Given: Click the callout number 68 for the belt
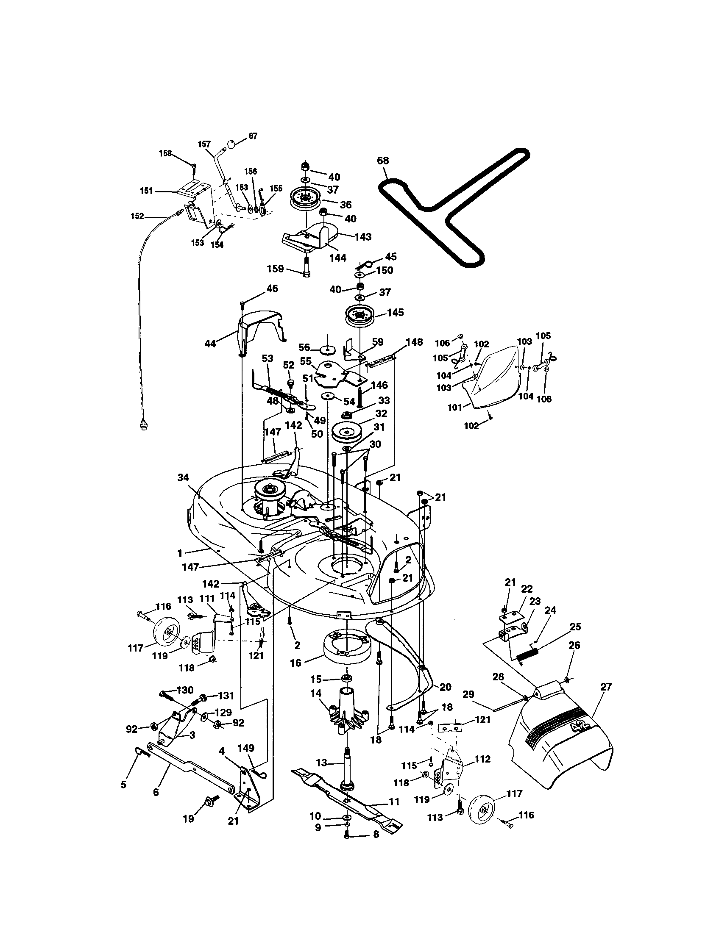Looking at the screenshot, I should pos(383,161).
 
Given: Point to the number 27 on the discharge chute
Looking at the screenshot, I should pos(606,687).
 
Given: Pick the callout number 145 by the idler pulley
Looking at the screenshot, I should pos(395,312).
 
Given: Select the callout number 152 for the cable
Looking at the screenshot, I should pos(137,216).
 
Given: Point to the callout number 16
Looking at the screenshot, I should pos(295,663).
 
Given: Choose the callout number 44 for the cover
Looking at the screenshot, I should pos(211,343).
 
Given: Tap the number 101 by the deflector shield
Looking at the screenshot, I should pos(455,408).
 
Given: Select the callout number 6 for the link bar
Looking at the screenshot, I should pos(156,792).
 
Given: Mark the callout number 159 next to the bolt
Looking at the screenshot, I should pos(275,269).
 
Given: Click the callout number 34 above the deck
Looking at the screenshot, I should pos(183,477).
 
